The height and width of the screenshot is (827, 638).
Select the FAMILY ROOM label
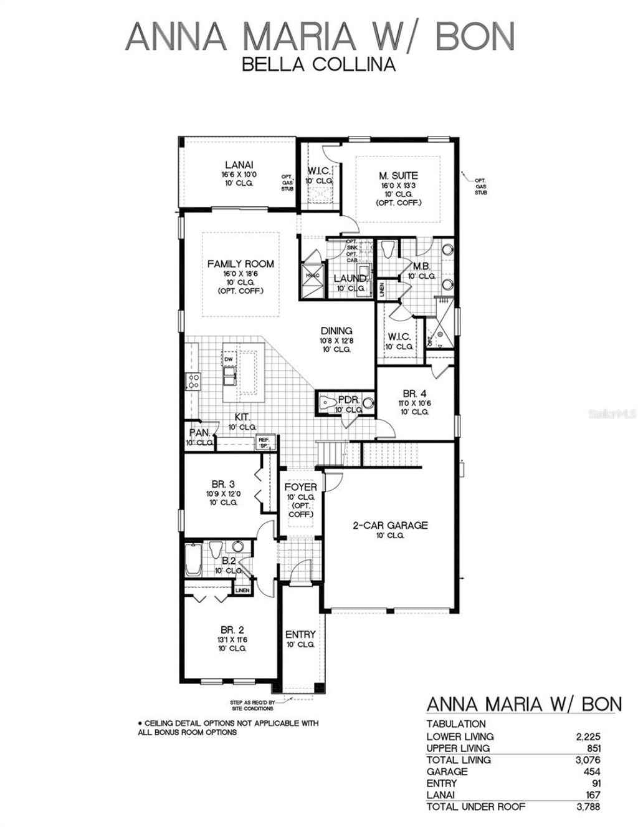click(240, 264)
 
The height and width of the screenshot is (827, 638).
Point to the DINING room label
click(336, 331)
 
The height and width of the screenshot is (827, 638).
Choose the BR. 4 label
click(414, 393)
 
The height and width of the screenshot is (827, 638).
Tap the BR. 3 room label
click(222, 483)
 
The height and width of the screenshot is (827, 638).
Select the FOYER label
click(300, 487)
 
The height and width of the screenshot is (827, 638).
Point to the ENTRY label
click(300, 634)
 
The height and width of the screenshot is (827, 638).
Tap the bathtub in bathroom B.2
click(193, 559)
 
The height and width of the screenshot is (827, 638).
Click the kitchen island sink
click(229, 373)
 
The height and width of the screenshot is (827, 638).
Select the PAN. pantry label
click(199, 432)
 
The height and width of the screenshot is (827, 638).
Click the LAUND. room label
click(350, 278)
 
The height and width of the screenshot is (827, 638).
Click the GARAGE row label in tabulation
click(447, 771)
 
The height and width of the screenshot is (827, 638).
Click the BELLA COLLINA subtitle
click(318, 64)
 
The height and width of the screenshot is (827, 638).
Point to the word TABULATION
click(456, 724)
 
